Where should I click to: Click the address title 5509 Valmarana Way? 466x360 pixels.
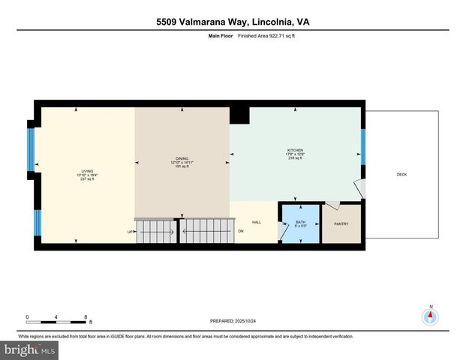(233, 22)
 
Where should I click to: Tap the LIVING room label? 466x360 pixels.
(87, 171)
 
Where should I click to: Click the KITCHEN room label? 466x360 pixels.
(293, 150)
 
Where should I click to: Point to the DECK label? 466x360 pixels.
(401, 175)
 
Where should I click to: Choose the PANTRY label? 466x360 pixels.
(341, 224)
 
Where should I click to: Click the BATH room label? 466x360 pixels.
(300, 222)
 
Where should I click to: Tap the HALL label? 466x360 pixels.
(256, 222)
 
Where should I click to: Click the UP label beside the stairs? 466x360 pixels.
(130, 232)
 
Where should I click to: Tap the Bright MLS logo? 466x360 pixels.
(30, 349)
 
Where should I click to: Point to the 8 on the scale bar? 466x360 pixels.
(86, 316)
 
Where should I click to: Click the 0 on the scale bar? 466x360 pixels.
(27, 316)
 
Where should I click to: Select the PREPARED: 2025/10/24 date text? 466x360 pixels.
(232, 320)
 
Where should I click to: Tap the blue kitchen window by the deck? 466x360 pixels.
(363, 146)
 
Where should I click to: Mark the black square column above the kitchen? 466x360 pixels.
(239, 115)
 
